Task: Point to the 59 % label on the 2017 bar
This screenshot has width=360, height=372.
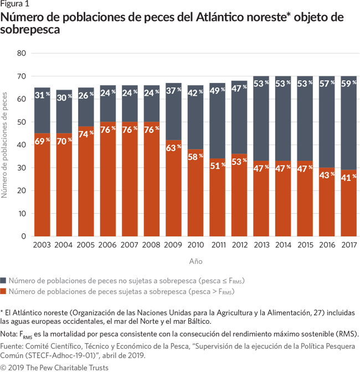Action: pos(349,84)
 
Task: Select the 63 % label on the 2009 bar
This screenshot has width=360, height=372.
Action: pos(173,148)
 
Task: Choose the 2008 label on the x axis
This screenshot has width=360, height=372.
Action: pos(151,245)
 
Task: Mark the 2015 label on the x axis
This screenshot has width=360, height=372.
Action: pos(305,245)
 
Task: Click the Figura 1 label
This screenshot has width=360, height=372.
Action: pos(15,5)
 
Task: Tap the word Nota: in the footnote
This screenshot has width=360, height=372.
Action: pos(11,334)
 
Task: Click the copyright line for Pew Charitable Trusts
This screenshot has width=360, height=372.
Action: pos(54,367)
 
